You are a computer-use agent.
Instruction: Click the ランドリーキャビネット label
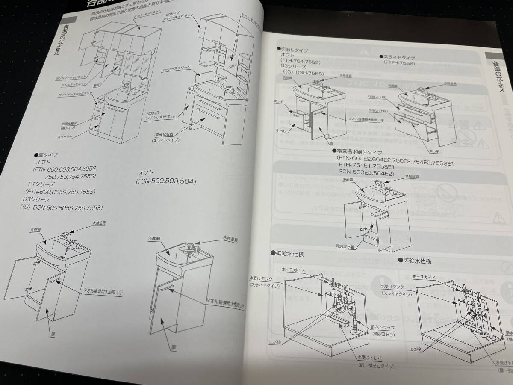click(x=71, y=78)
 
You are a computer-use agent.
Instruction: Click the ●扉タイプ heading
click(x=45, y=154)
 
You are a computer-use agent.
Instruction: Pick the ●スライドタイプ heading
click(x=397, y=56)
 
